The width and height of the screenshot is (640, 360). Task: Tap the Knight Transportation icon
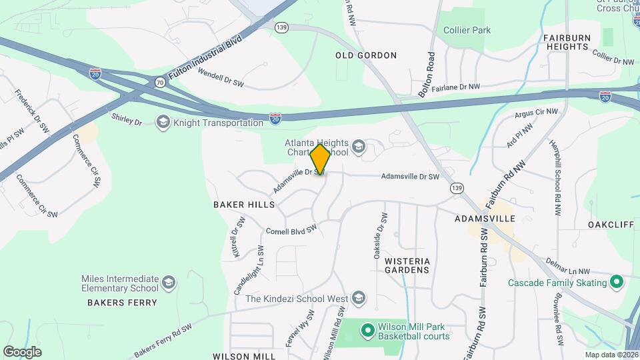tap(163, 122)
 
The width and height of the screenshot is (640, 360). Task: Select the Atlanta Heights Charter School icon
tap(359, 147)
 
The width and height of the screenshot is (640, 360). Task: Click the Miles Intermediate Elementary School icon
tap(169, 283)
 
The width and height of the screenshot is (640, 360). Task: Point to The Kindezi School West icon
tap(359, 298)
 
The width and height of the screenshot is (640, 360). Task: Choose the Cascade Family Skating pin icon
tap(617, 283)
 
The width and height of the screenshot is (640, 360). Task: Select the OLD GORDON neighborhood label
tap(366, 55)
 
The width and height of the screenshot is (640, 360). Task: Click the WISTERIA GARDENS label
tap(407, 265)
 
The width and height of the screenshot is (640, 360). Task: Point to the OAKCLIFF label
tap(611, 225)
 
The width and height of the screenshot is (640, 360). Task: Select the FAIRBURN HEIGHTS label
tap(566, 43)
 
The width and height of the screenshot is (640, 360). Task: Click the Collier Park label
tap(467, 30)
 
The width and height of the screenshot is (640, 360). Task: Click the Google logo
tap(22, 351)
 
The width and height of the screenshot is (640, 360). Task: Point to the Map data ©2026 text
tap(611, 355)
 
